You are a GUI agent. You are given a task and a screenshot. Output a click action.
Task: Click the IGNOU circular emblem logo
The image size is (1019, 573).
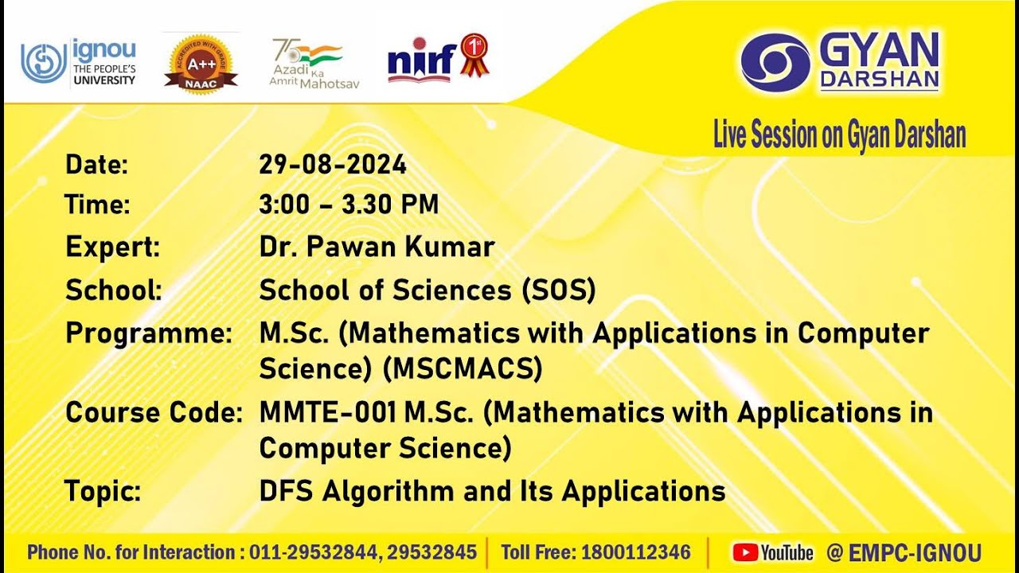(x=44, y=63)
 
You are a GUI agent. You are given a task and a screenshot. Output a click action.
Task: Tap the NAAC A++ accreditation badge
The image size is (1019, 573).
(x=201, y=64)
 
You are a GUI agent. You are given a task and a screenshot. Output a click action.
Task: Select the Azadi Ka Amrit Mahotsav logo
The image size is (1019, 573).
(x=314, y=63)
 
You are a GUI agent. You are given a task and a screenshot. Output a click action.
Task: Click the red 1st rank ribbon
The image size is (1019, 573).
(x=474, y=55)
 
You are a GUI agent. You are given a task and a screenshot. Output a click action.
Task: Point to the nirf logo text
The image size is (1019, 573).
(x=422, y=62)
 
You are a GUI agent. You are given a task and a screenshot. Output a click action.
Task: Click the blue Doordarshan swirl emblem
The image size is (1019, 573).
(x=775, y=62)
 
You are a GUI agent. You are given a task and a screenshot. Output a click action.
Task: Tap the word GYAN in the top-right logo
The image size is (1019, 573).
(x=879, y=49)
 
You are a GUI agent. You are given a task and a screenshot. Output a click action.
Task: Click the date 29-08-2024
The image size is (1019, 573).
(x=333, y=164)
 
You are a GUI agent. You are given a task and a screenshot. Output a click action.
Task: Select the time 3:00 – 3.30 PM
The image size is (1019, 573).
(x=349, y=205)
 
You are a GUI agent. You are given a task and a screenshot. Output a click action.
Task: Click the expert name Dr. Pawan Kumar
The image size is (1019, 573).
(x=377, y=247)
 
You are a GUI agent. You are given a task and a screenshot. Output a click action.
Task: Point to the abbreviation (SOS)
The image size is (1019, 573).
(x=559, y=290)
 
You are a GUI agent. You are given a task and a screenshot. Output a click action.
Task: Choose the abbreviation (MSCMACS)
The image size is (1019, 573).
(x=463, y=368)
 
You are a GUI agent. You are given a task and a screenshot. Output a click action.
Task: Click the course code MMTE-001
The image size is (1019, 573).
(x=327, y=412)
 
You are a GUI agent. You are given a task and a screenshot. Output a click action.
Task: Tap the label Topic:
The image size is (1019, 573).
(x=103, y=491)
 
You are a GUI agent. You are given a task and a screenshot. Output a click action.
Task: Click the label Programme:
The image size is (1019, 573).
(x=149, y=333)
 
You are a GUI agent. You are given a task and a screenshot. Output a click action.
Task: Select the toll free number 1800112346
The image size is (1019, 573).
(x=636, y=552)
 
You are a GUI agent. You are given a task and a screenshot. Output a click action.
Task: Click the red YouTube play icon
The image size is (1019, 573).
(x=745, y=552)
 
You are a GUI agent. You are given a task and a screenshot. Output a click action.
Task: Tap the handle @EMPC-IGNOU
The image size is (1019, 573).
(x=904, y=552)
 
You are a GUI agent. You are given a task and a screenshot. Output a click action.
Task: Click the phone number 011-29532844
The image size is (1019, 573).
(x=314, y=552)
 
